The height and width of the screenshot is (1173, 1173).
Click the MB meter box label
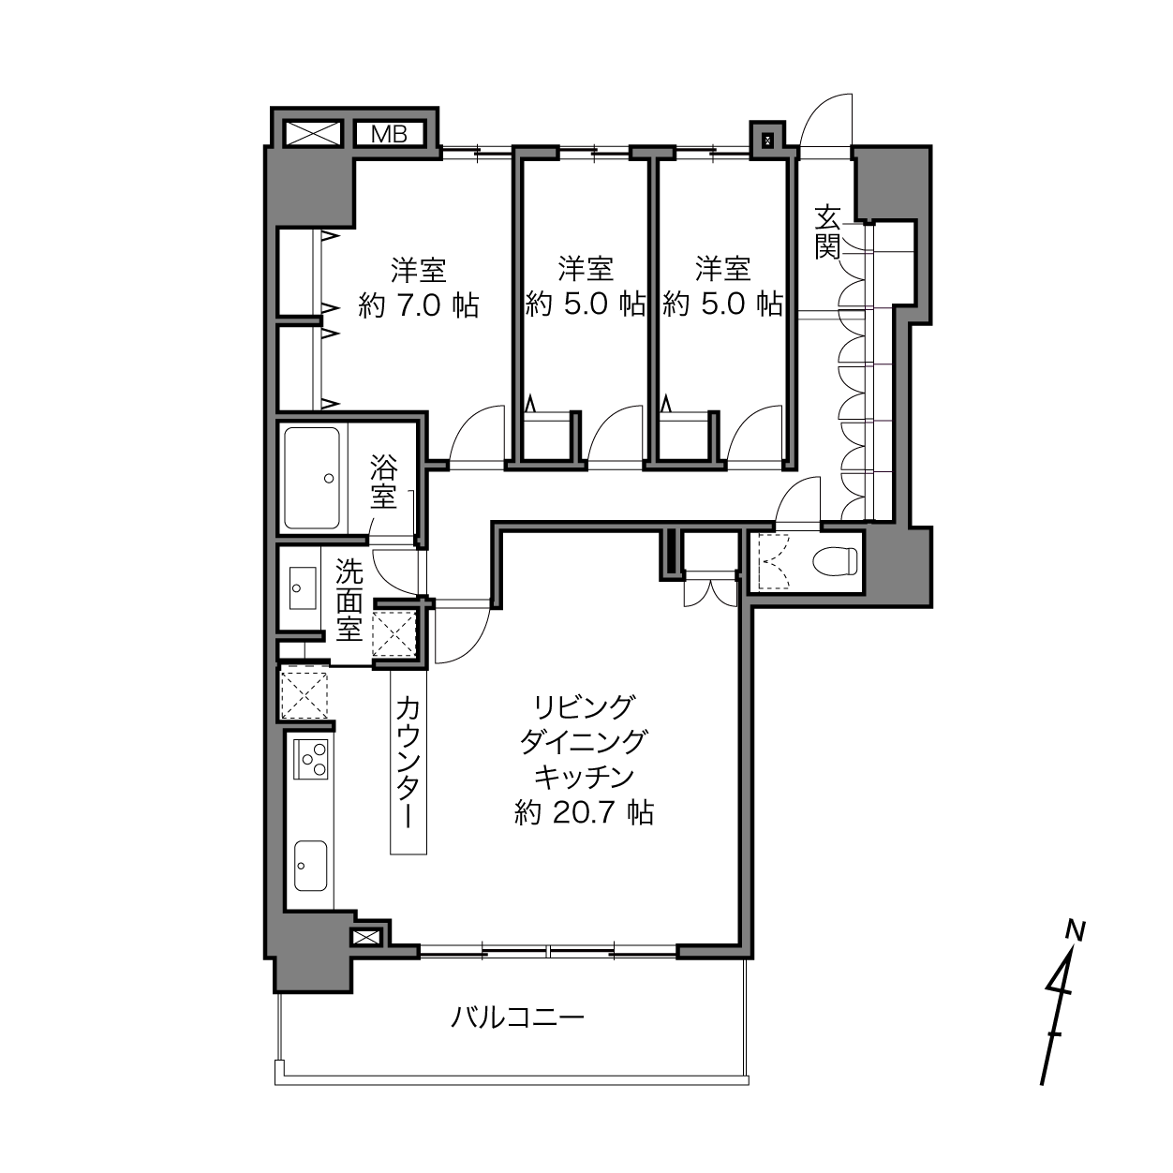point(389,135)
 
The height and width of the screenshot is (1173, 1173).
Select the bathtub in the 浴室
point(312,478)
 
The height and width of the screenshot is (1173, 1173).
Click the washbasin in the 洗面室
point(302,587)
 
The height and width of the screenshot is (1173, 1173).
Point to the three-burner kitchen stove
point(311,759)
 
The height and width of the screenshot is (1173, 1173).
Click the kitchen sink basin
point(310,866)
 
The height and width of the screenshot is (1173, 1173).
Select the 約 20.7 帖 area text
point(585,812)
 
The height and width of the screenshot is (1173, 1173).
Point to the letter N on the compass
point(1076,930)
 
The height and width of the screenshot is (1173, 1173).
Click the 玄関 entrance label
point(827,232)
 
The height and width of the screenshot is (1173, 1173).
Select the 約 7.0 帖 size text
point(418,305)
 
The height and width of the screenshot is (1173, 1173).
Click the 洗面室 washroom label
point(349,601)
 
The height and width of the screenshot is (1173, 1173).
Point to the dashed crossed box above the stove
point(304,695)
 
